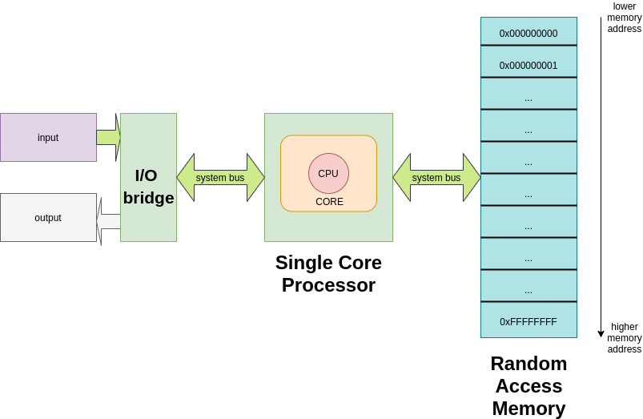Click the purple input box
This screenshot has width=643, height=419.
(x=48, y=137)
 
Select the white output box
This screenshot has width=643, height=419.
(x=48, y=217)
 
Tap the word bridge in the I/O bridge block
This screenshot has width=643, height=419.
(x=148, y=198)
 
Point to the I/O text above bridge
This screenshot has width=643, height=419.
(x=146, y=175)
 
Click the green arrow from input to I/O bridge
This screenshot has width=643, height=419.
(x=108, y=137)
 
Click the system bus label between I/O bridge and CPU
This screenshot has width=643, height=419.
(x=220, y=178)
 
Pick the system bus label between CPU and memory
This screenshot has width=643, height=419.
(x=436, y=178)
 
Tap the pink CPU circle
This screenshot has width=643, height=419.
(x=328, y=173)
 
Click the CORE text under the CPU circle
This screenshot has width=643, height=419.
(x=329, y=202)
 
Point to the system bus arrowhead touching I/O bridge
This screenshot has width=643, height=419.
(x=186, y=177)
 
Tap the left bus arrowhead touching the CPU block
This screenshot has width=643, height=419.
(x=255, y=177)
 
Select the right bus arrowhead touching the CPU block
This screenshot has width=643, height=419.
(x=402, y=177)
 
